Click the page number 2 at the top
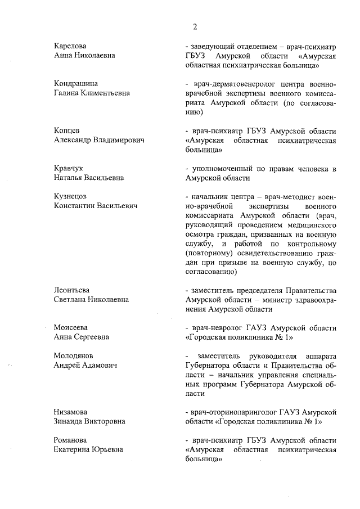point(195,26)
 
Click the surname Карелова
point(70,46)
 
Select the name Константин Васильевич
point(96,206)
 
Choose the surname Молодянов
point(74,355)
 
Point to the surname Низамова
point(71,412)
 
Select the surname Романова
point(71,439)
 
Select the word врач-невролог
point(218,327)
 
